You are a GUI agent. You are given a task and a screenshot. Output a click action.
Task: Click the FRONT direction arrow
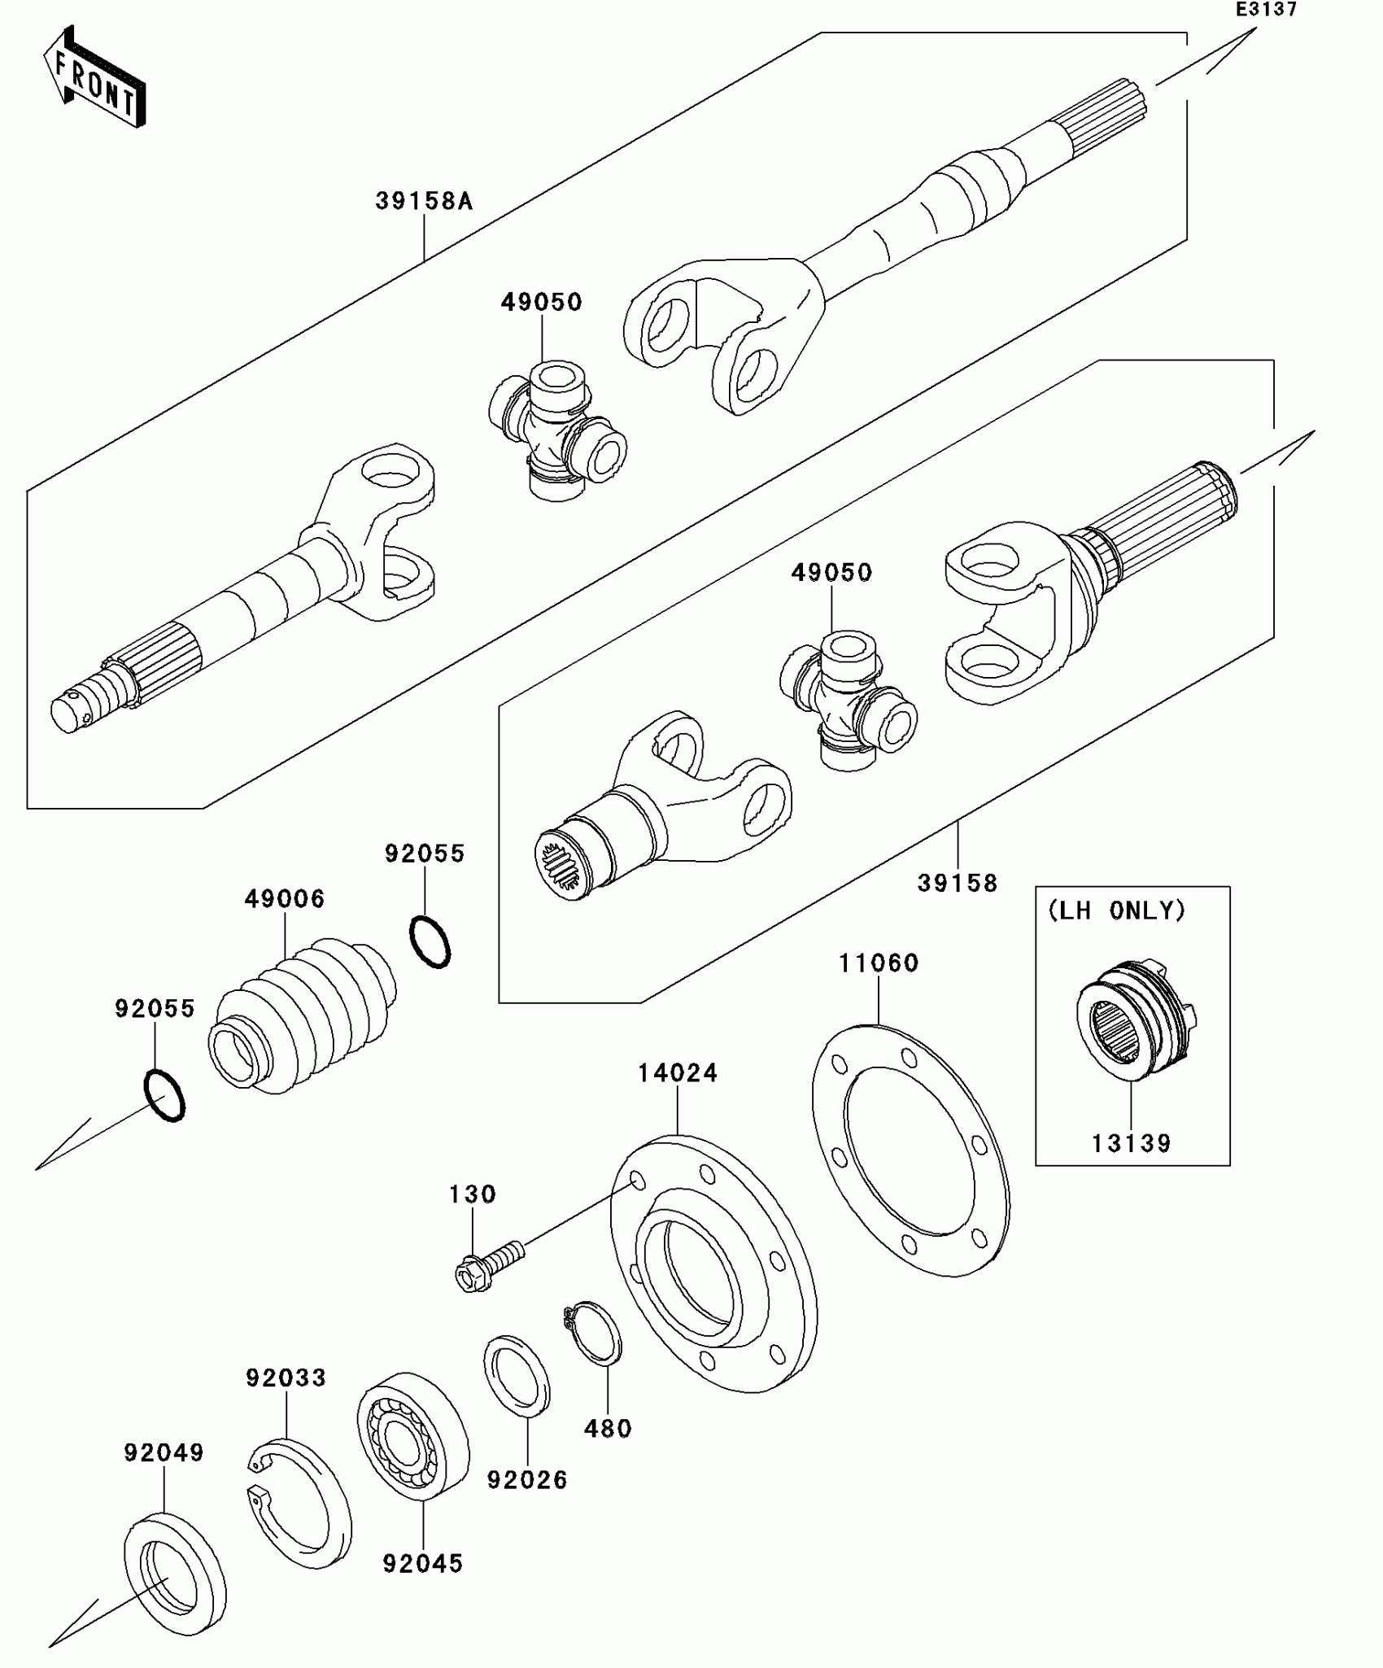[x=94, y=79]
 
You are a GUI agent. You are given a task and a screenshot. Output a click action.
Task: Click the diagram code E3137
[x=1266, y=10]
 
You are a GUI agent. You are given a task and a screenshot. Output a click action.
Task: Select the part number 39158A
[x=424, y=201]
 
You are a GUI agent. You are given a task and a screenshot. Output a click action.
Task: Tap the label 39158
[x=957, y=883]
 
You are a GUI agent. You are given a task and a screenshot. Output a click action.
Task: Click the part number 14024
[x=678, y=1074]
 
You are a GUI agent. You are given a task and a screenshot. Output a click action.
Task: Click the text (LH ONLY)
[x=1116, y=910]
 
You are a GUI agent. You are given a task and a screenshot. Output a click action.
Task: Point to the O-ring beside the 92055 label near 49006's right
[x=430, y=941]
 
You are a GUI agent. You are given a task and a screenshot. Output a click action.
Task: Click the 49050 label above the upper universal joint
[x=542, y=302]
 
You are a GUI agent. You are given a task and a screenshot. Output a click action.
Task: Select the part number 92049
[x=164, y=1452]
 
